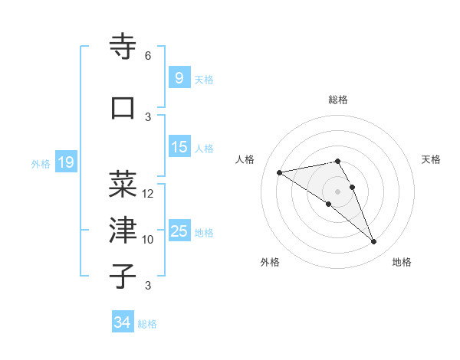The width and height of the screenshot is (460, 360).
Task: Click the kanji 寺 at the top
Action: pos(123,47)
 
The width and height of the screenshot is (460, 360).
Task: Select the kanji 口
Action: pos(123,108)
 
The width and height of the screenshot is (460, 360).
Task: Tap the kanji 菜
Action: pos(123,184)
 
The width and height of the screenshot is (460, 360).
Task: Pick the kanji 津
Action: pos(123,229)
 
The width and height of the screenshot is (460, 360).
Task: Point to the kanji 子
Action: pos(123,276)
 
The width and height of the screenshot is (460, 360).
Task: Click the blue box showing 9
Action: pos(179,78)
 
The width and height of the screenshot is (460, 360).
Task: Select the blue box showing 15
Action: pos(179,147)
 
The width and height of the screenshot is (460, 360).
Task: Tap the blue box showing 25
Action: pos(179,232)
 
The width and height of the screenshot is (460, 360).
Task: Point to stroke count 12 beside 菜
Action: pos(148,194)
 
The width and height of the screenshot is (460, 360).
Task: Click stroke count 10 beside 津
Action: pos(148,240)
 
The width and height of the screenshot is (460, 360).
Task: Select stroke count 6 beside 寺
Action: pos(148,56)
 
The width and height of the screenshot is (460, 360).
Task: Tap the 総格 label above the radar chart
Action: pos(338,100)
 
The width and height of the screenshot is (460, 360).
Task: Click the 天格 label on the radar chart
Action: pos(432,159)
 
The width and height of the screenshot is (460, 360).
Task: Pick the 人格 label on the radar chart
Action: pos(245,159)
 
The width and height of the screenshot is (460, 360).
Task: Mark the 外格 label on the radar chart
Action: pos(270,262)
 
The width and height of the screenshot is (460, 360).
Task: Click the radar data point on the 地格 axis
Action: pos(374,242)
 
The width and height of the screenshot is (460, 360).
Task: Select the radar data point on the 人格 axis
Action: pos(279,172)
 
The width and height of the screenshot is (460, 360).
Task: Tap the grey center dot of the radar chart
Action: pos(337,191)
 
